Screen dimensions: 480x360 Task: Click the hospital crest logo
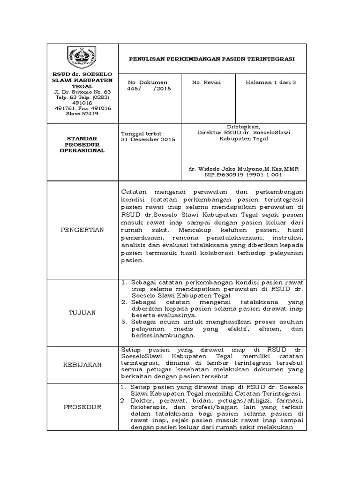pos(82,59)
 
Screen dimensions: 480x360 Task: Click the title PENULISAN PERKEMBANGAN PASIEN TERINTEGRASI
pos(212,59)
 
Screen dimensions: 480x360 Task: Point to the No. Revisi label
pos(208,82)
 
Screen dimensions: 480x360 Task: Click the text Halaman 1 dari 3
pos(271,82)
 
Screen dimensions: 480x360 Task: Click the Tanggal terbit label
pos(143,134)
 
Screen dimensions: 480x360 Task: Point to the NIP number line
pos(243,174)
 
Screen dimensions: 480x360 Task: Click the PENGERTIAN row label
pos(82,230)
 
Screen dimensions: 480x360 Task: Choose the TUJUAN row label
pos(82,313)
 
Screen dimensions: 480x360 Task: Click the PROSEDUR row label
pos(82,407)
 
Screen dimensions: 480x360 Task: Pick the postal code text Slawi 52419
pos(82,113)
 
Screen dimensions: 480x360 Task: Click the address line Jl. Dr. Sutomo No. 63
pos(82,91)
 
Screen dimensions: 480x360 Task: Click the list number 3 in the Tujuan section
pos(123,322)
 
